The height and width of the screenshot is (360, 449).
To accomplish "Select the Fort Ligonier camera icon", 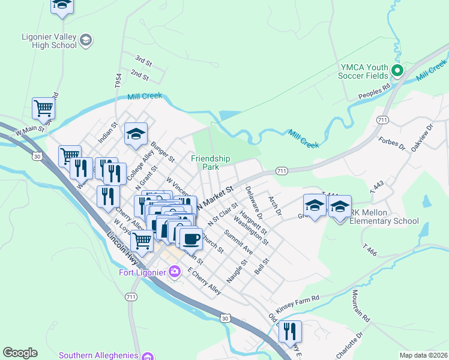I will pyautogui.click(x=175, y=272).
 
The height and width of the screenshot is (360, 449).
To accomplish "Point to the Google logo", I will pyautogui.click(x=20, y=352).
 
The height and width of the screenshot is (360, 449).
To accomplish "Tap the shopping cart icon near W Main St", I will pyautogui.click(x=43, y=109).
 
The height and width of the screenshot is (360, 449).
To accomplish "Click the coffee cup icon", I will pyautogui.click(x=191, y=238).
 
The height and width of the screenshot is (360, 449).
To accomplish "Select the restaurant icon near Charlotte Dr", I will pyautogui.click(x=291, y=331).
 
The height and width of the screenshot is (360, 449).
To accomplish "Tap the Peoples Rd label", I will pyautogui.click(x=374, y=91).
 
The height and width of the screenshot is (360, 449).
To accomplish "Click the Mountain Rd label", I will pyautogui.click(x=362, y=304).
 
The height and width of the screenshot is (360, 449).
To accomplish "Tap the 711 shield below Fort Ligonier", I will pyautogui.click(x=131, y=297).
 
